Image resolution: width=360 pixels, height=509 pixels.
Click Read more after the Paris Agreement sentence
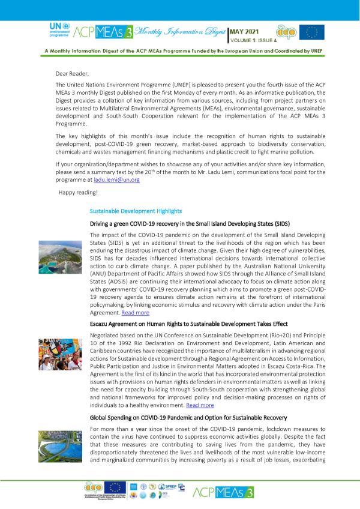pos(135,313)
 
